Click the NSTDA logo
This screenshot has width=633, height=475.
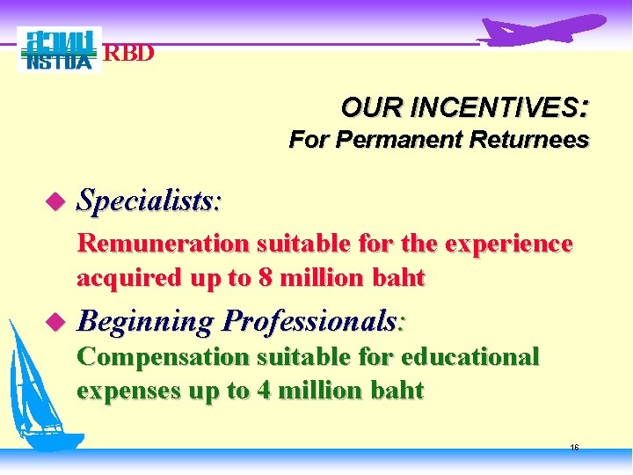(59, 50)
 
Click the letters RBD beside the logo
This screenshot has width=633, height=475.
(129, 54)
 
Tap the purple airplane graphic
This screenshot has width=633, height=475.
(541, 31)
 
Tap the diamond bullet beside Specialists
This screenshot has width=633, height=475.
(58, 203)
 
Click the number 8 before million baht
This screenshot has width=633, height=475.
(264, 279)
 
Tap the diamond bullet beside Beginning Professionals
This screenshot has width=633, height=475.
(58, 324)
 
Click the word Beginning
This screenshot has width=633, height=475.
(145, 323)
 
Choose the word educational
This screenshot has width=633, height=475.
(469, 356)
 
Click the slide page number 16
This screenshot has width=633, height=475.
(574, 448)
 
